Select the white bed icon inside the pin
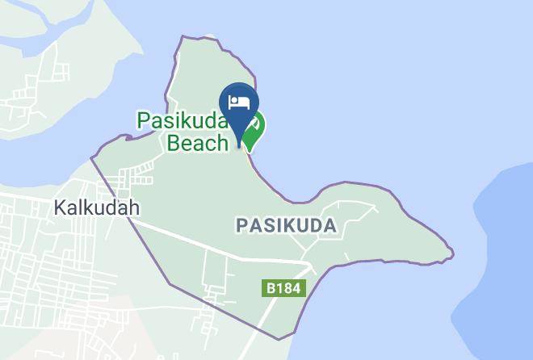click(x=239, y=102)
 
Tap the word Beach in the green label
click(x=198, y=144)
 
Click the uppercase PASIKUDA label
click(x=286, y=226)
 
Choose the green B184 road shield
click(x=284, y=288)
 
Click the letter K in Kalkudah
click(x=59, y=207)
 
